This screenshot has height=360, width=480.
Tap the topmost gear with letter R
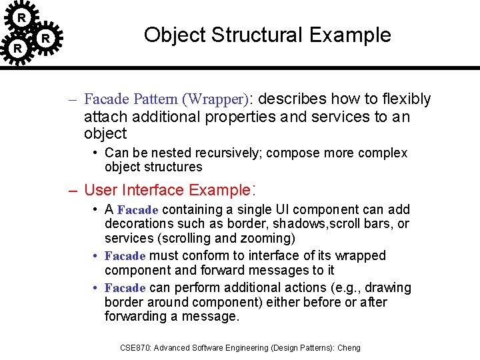21,16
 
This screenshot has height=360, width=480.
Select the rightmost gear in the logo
45,39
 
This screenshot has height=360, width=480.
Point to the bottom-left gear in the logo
18,49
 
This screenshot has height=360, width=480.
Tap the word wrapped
362,256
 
